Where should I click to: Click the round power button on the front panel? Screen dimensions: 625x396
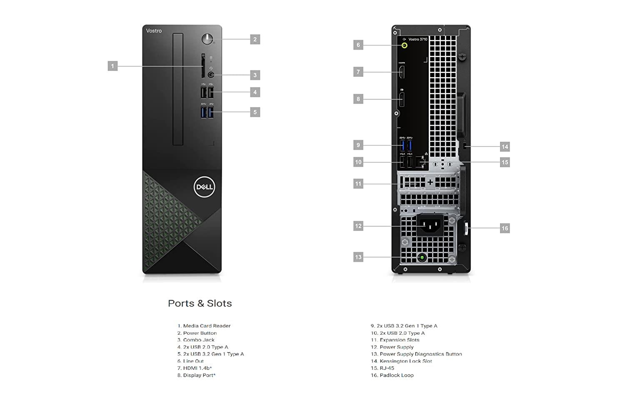pos(207,39)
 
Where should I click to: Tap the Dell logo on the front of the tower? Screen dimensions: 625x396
pos(205,187)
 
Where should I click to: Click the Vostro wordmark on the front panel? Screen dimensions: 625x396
pos(154,31)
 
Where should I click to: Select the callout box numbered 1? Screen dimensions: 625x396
pos(112,66)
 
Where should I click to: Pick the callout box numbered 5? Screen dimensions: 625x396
pos(255,112)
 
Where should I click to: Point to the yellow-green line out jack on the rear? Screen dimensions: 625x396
pos(404,45)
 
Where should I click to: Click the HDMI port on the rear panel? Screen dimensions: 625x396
pos(402,72)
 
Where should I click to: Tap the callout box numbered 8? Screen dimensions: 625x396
pos(358,99)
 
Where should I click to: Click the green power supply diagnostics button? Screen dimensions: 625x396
pos(422,258)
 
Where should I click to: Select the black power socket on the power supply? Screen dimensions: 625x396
pos(430,225)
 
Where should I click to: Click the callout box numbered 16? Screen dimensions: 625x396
pos(505,228)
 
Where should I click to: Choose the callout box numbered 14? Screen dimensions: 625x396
pos(505,147)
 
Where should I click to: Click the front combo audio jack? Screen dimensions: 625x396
pos(211,75)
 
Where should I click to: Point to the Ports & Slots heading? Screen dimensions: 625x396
pos(200,303)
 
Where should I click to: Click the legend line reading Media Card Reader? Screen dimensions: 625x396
pos(204,326)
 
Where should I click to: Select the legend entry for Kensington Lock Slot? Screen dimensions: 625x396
pos(401,361)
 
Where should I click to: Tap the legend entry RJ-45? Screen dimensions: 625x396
pos(382,368)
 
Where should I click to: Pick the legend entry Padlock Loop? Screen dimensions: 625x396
pos(392,375)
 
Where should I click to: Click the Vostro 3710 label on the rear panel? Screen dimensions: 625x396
pos(417,39)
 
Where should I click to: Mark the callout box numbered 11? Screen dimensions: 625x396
pos(358,184)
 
